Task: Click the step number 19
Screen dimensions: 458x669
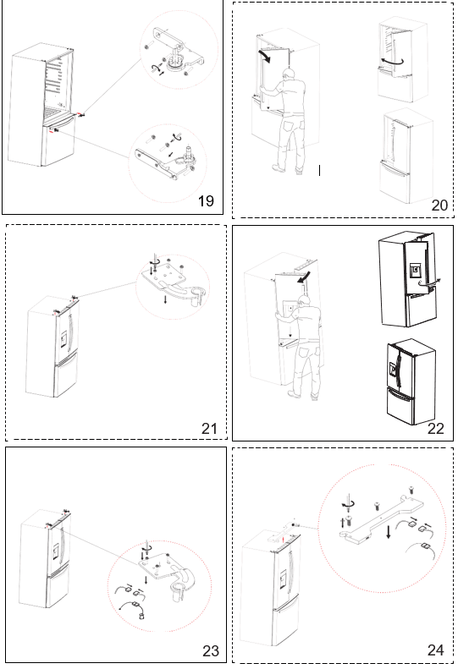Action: point(206,200)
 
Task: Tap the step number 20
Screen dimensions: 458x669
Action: point(439,205)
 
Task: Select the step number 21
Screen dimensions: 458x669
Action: point(209,428)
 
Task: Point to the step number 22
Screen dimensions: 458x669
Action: point(436,428)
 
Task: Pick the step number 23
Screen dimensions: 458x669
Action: point(211,651)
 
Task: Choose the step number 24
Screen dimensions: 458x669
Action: point(436,650)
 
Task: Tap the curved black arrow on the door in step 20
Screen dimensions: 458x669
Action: point(265,56)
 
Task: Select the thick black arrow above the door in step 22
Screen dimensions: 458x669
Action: point(304,277)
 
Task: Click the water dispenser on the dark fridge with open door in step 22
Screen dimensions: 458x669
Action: point(415,270)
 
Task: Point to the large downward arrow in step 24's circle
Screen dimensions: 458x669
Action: point(388,532)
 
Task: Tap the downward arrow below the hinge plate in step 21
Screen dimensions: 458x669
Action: point(166,299)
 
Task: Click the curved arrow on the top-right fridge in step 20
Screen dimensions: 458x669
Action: point(392,62)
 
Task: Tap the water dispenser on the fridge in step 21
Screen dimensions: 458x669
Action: point(63,340)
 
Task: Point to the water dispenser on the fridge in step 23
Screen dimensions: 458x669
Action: point(56,552)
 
